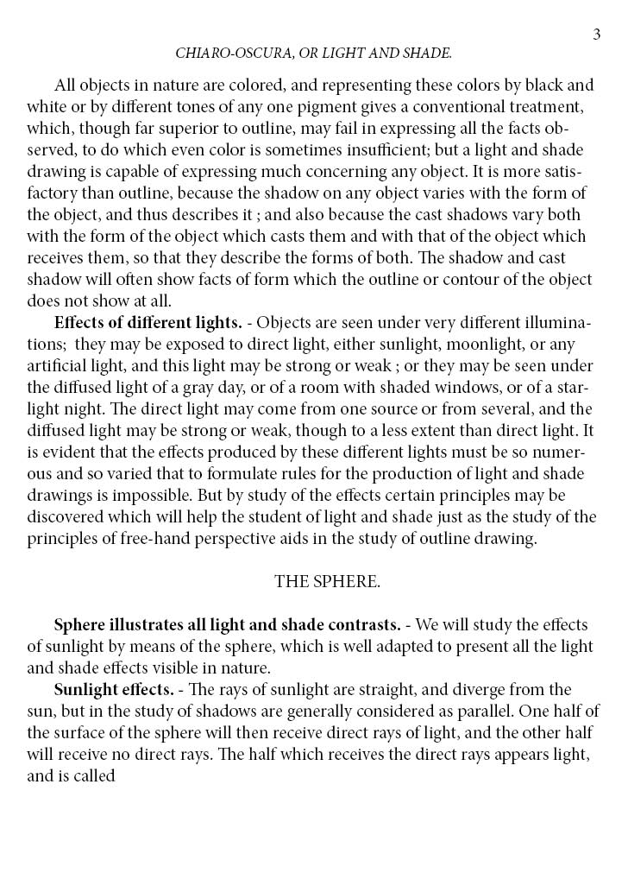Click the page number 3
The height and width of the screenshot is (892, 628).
pyautogui.click(x=596, y=35)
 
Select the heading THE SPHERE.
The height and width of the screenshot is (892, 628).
pyautogui.click(x=327, y=581)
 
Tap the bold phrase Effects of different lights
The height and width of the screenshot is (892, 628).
pyautogui.click(x=148, y=323)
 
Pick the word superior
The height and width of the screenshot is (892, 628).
pyautogui.click(x=186, y=128)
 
